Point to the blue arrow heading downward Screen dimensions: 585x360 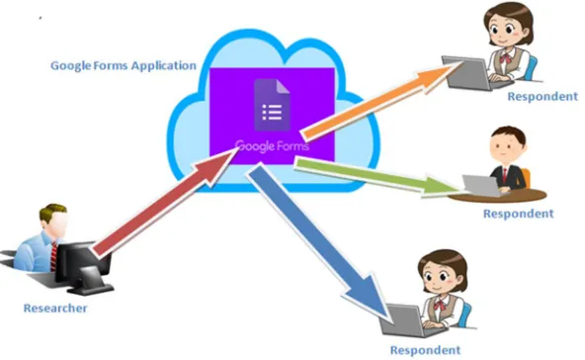click(x=319, y=241)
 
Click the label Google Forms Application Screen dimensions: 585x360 click(x=124, y=65)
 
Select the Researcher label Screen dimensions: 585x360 click(x=55, y=309)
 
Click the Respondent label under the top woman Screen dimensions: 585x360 click(x=543, y=96)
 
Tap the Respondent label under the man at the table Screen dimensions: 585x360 click(x=518, y=214)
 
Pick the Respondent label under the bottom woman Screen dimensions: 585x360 click(x=425, y=350)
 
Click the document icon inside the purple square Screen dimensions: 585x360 click(x=272, y=105)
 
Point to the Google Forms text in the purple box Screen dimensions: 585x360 click(x=273, y=145)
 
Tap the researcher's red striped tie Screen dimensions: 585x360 click(x=53, y=257)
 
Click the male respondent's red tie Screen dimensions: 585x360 click(x=505, y=175)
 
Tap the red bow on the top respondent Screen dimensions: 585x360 click(x=506, y=58)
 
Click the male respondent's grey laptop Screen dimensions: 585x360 click(x=481, y=186)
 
